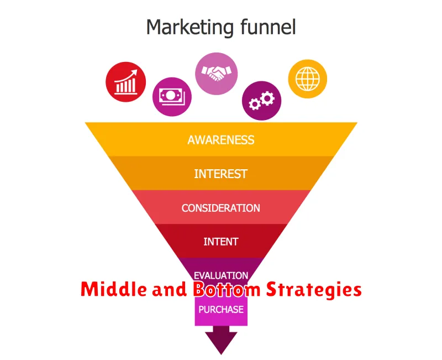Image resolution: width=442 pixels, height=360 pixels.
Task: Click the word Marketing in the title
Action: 190,28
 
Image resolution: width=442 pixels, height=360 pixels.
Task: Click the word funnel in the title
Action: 268,27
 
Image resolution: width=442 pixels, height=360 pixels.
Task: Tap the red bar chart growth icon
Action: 126,82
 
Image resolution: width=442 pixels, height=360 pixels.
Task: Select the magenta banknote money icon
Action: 172,97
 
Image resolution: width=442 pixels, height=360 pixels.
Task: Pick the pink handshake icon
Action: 217,74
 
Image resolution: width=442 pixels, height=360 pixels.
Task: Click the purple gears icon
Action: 261,101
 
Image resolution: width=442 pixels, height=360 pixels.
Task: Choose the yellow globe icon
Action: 308,79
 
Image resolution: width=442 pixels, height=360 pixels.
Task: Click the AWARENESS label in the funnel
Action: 221,140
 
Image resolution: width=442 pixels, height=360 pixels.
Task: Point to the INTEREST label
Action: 220,174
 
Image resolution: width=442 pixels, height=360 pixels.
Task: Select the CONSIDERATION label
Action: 220,208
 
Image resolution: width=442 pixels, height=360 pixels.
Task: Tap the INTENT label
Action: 220,242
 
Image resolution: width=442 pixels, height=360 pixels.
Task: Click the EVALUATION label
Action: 221,275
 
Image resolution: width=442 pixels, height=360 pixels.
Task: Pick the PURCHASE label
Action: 221,310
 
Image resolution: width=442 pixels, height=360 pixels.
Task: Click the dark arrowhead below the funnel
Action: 222,342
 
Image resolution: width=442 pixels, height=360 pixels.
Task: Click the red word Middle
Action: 114,289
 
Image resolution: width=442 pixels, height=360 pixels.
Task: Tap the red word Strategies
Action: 314,290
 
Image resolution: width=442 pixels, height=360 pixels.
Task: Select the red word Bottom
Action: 227,289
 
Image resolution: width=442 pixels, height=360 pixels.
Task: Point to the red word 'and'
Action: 170,289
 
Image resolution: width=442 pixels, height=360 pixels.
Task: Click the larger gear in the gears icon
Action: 267,98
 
